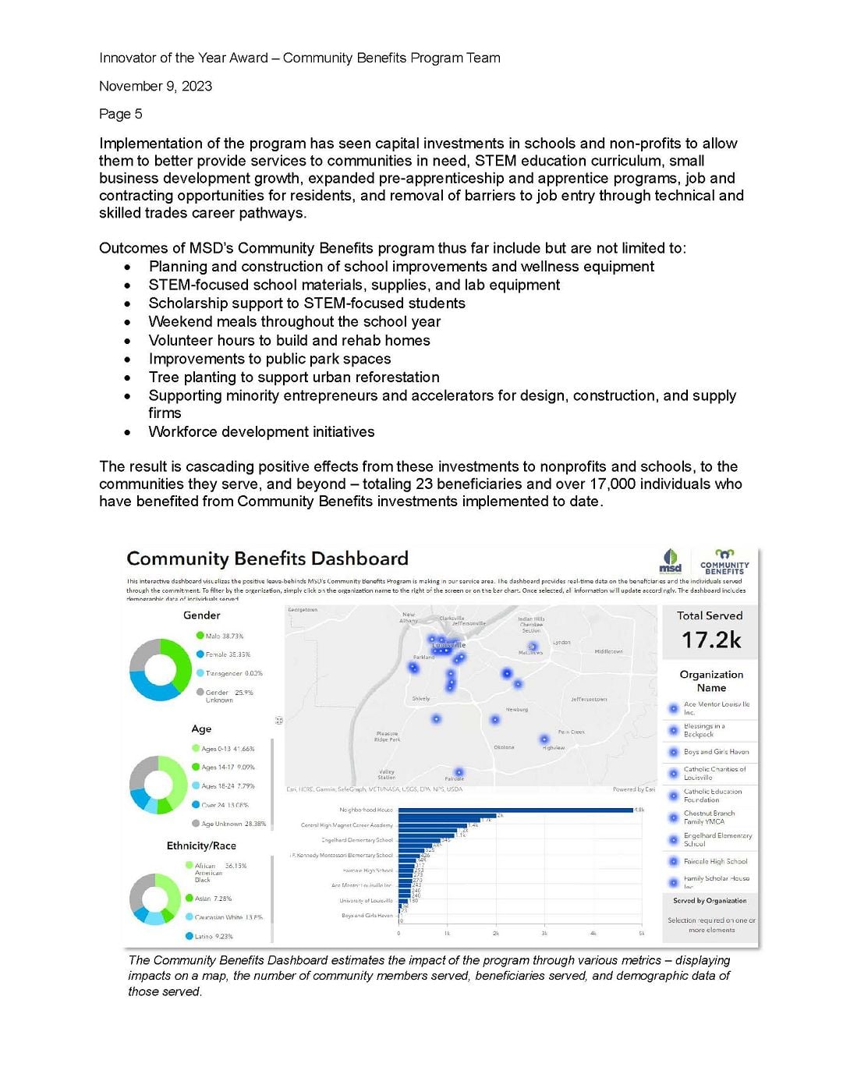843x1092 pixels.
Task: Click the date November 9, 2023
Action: pos(155,86)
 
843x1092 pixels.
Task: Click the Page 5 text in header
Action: pos(120,114)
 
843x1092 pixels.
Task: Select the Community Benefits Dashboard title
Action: pos(267,558)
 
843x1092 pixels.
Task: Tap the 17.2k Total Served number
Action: pos(710,640)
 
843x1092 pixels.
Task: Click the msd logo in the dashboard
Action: pos(670,561)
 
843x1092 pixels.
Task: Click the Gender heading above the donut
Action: pos(201,615)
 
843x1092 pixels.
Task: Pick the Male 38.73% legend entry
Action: pos(224,636)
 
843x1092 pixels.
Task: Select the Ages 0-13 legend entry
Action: pos(227,749)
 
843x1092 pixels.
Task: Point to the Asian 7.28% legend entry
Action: pos(212,899)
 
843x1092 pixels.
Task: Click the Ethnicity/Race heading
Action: pos(201,846)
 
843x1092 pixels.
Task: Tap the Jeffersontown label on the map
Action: pos(588,699)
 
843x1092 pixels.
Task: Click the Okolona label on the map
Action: pos(504,747)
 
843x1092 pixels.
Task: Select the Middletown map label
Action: pos(608,651)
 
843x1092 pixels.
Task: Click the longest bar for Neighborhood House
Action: pos(515,810)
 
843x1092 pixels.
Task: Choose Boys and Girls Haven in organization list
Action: pos(715,752)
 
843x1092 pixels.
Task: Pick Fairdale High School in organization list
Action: pos(714,862)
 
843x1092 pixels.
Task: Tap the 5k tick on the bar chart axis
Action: pos(641,933)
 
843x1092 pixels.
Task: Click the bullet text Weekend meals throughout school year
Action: pos(294,321)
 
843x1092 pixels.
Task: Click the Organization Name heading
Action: pos(711,681)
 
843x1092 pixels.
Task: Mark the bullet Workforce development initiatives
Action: pos(261,432)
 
